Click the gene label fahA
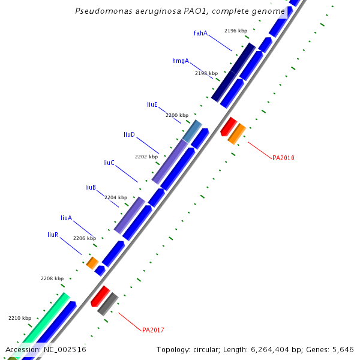(200, 33)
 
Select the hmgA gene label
(181, 61)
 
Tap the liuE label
(152, 104)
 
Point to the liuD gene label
(129, 134)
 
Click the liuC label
(109, 163)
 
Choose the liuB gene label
(91, 188)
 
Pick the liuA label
(66, 218)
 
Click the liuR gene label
(53, 235)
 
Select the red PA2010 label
(283, 158)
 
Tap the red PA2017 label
(153, 330)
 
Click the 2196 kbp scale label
(235, 31)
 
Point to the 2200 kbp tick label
(177, 115)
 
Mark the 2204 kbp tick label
(116, 197)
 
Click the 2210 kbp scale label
(19, 318)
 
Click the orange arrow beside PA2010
(236, 134)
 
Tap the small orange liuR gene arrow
(92, 263)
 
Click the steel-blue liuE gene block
(192, 131)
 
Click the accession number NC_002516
(65, 349)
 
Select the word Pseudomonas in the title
(101, 11)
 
